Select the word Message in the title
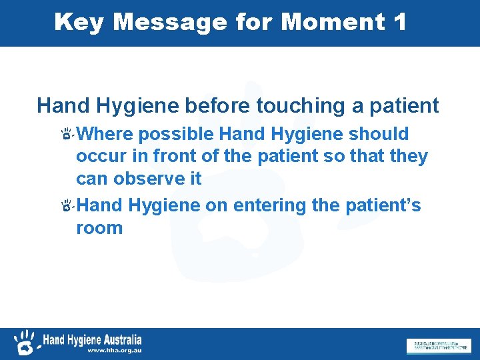[x=170, y=23]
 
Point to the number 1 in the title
[x=400, y=23]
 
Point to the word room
[x=99, y=227]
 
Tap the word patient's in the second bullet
[x=383, y=205]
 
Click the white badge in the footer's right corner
[x=437, y=345]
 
